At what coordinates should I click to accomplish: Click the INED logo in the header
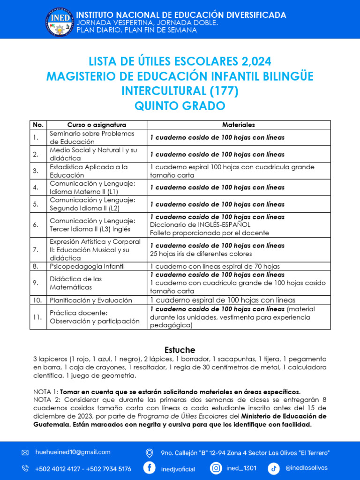(x=60, y=22)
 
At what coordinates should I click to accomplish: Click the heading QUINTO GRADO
(x=180, y=106)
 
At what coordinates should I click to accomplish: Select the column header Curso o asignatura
(x=97, y=125)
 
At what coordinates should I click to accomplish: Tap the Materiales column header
(x=239, y=125)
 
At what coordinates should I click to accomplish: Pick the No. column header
(x=38, y=125)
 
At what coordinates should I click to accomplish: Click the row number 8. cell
(x=36, y=266)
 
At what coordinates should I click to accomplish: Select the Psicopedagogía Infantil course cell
(x=87, y=266)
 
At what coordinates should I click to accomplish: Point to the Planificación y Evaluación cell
(x=91, y=300)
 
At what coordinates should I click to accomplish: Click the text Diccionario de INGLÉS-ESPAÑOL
(x=200, y=225)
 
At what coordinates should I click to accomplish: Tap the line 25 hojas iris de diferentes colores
(x=201, y=254)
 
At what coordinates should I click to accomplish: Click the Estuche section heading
(x=180, y=350)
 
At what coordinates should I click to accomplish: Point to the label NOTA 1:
(x=45, y=391)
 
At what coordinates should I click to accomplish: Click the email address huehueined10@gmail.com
(x=73, y=452)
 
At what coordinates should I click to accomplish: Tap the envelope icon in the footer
(x=25, y=453)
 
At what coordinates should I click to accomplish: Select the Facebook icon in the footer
(x=150, y=468)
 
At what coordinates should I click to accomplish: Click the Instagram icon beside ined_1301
(x=216, y=468)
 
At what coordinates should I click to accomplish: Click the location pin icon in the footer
(x=150, y=453)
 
